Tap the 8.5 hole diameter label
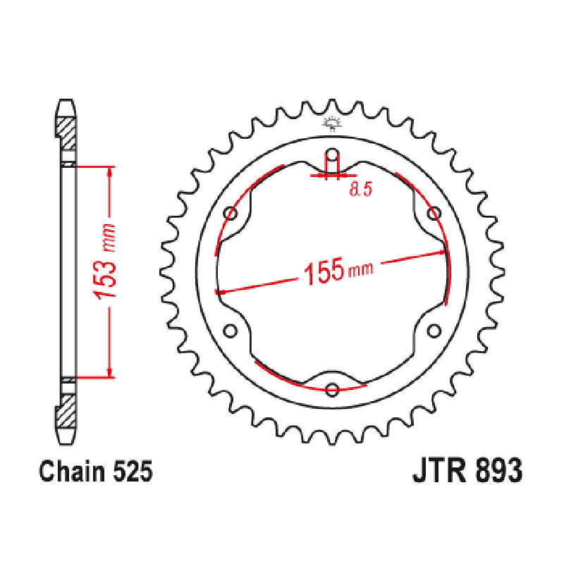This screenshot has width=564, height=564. click(360, 191)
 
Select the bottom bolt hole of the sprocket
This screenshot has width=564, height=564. click(332, 388)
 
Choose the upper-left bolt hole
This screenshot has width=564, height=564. click(229, 213)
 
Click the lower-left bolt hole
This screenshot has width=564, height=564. click(229, 330)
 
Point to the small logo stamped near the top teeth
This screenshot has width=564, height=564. click(332, 125)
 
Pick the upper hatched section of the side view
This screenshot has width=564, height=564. click(66, 130)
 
